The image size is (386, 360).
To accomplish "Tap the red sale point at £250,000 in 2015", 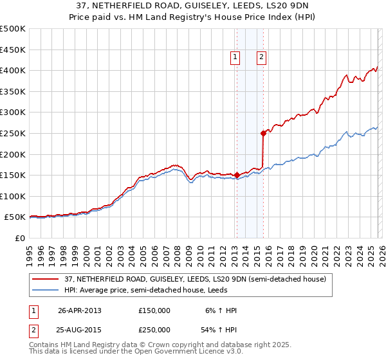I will (263, 134).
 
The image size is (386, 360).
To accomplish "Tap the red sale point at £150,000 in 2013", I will (237, 175).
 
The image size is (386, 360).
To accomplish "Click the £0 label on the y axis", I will (20, 238).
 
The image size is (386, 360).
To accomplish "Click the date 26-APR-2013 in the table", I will (80, 310).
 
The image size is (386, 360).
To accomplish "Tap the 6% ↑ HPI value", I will (221, 310).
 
